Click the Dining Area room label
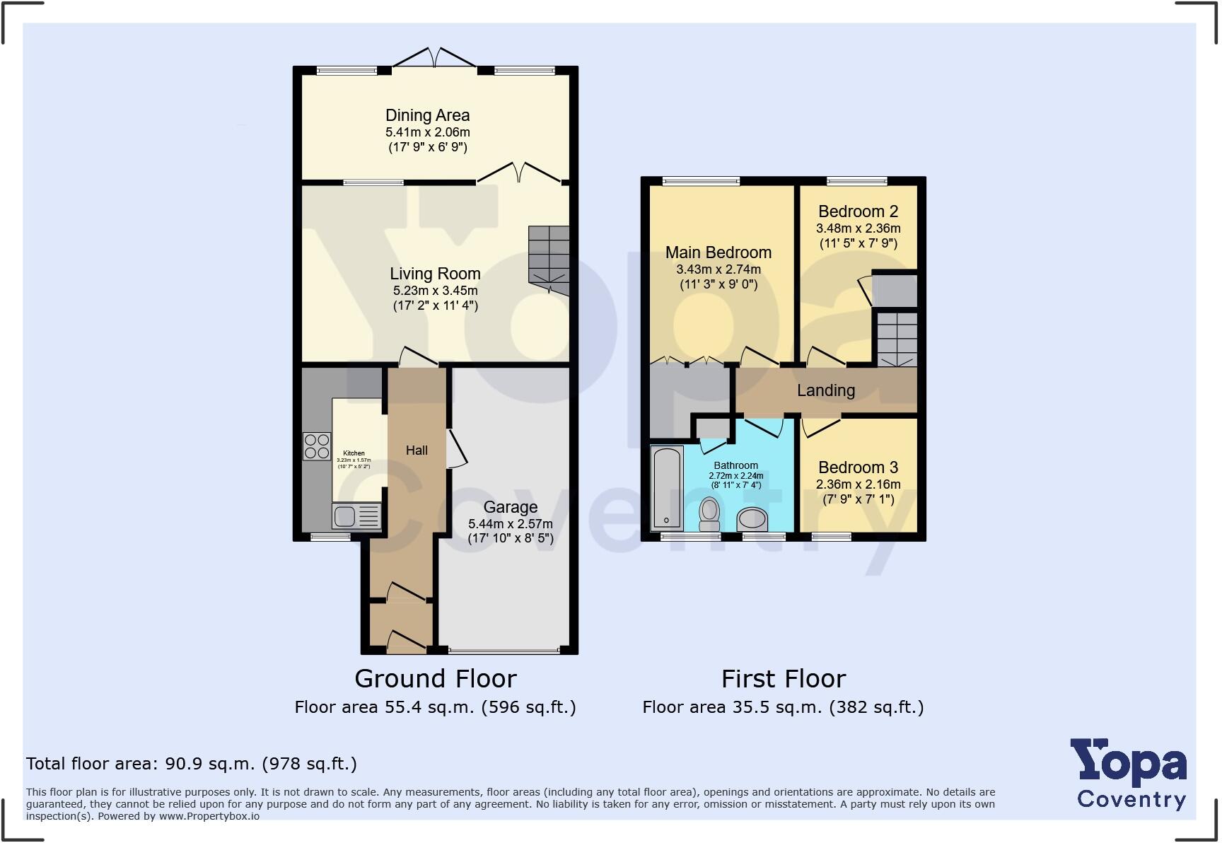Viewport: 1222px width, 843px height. (427, 115)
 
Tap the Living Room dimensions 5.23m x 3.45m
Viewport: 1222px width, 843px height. (435, 291)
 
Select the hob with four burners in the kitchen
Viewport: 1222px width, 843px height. (317, 446)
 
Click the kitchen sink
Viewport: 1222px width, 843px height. (345, 516)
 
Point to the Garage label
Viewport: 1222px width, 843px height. (510, 507)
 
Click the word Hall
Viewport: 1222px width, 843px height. (417, 450)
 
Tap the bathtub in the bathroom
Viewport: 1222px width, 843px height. (666, 488)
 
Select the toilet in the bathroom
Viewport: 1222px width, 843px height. (709, 514)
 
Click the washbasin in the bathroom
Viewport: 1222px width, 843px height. (752, 519)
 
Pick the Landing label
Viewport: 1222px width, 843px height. (825, 390)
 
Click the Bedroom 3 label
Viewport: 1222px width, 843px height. (858, 467)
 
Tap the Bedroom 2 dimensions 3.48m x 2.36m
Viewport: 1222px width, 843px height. (858, 228)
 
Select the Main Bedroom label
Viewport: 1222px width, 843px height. (718, 252)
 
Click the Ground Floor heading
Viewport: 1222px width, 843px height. (435, 679)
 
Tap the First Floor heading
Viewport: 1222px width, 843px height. (783, 679)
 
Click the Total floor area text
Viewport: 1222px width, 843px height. (191, 764)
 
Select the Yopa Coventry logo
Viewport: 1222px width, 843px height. (1129, 775)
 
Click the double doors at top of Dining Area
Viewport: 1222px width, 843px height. (435, 59)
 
